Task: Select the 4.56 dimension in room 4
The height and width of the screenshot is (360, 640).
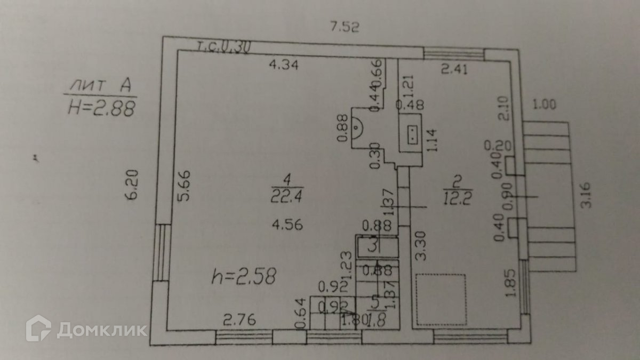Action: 287,225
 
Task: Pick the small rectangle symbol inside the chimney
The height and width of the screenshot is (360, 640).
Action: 412,135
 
